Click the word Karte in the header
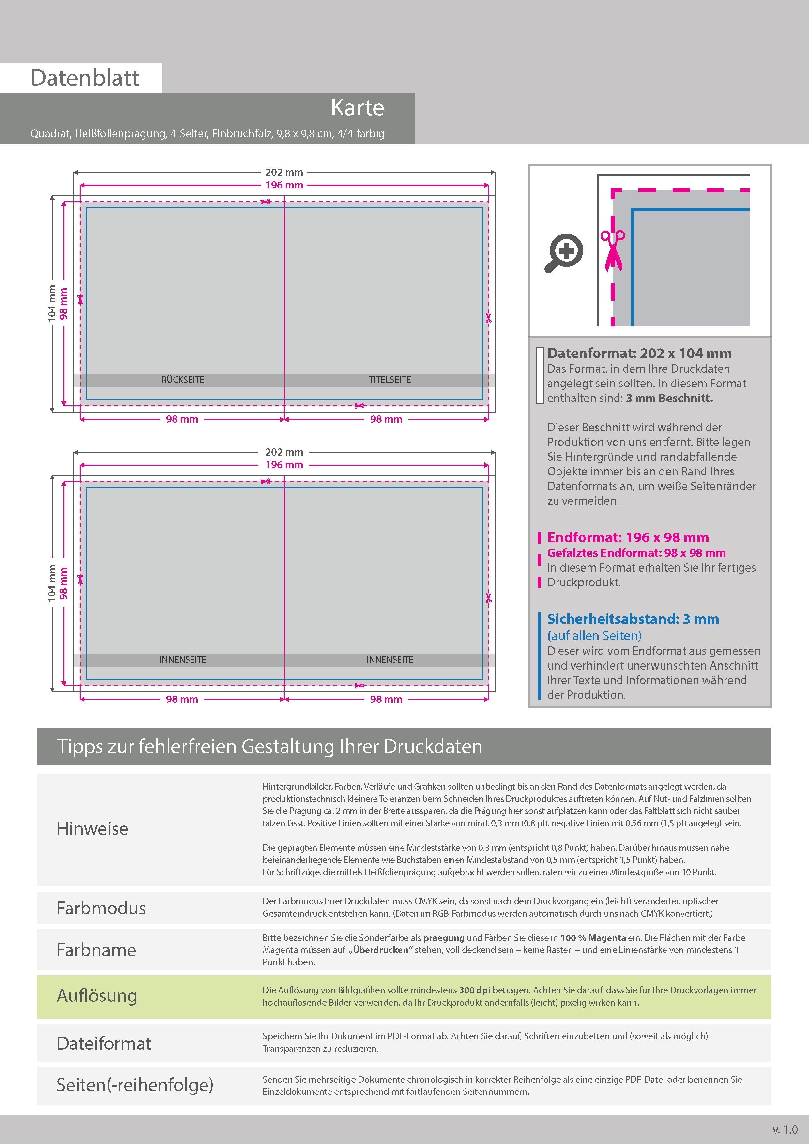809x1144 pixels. coord(358,108)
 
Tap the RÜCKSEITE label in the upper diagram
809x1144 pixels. coord(182,380)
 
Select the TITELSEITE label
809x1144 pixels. coord(390,380)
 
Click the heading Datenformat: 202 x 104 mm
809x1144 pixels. coord(639,353)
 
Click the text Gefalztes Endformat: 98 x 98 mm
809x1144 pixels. coord(636,553)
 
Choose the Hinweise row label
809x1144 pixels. coord(92,829)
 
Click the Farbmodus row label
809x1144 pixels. coord(101,908)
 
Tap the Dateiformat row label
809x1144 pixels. coord(104,1043)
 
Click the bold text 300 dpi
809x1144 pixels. coord(475,990)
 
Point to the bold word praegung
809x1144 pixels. coord(444,938)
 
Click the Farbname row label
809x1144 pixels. coord(96,950)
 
